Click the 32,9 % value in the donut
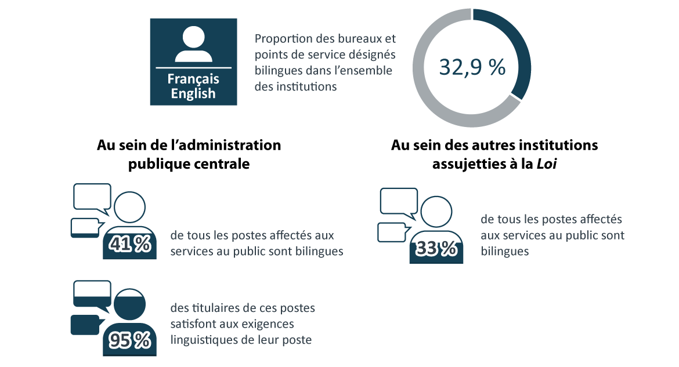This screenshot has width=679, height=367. [472, 67]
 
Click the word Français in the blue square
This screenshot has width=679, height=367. [193, 79]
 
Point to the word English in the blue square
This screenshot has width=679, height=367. [193, 93]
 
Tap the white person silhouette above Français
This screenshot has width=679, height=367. [194, 44]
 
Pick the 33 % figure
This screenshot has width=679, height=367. [436, 249]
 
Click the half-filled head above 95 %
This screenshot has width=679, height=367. [130, 304]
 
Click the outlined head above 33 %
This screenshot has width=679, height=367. [436, 212]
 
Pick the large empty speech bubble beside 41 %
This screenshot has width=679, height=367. [92, 197]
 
